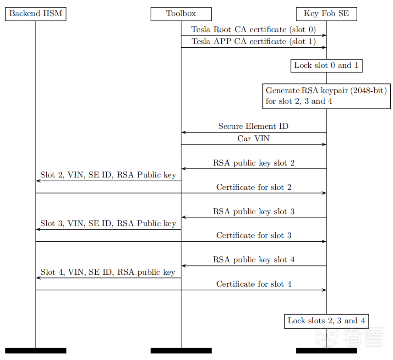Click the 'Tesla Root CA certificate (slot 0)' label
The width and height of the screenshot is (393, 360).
[253, 30]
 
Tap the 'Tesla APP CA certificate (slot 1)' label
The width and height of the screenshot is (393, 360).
[253, 41]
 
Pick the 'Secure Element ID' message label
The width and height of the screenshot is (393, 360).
[253, 126]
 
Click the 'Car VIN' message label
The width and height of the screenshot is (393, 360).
[253, 138]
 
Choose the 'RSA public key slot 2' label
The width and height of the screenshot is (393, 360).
[254, 163]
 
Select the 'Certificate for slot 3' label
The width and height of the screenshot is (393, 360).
[254, 235]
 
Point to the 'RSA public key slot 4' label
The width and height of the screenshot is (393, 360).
[254, 260]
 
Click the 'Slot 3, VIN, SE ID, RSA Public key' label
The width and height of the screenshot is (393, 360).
[108, 223]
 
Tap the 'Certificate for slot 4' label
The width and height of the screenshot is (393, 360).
[254, 284]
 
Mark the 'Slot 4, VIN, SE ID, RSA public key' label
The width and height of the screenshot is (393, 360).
[108, 272]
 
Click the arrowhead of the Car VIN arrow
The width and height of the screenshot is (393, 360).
[324, 144]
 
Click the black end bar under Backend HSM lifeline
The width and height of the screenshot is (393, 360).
[36, 350]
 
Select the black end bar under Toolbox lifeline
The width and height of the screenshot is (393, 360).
[181, 350]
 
